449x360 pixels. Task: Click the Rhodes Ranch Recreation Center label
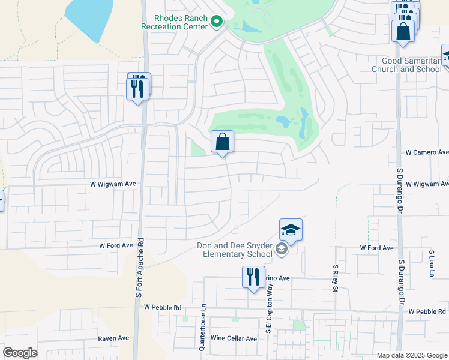coord(174,22)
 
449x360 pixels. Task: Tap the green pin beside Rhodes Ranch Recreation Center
coord(217,23)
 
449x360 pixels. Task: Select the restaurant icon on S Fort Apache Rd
coord(139,88)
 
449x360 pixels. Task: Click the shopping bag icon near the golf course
coord(222,143)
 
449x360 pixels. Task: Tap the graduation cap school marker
coord(291,230)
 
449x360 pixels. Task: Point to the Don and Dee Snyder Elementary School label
coord(235,249)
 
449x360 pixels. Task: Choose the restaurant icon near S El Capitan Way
coord(253,277)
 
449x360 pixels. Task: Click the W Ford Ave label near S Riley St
coord(376,247)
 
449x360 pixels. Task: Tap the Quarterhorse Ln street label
coord(203,326)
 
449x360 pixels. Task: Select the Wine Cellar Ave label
coord(234,338)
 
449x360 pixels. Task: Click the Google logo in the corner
coord(20,353)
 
